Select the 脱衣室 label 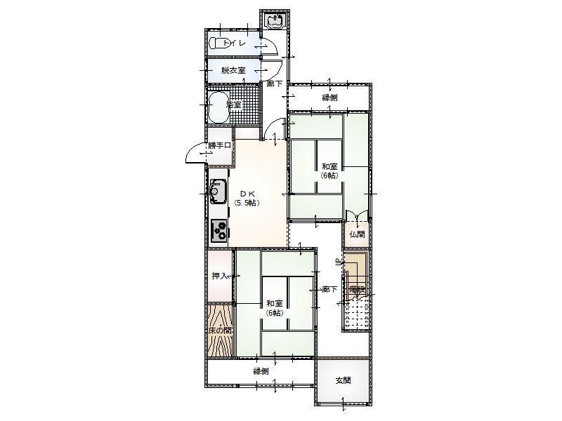233,70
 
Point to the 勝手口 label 218,146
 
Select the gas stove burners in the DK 218,231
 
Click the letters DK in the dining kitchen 247,193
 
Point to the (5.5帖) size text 247,202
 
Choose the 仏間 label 357,234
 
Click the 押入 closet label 220,276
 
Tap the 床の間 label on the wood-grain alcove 220,330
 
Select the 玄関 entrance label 343,380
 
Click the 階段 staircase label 356,289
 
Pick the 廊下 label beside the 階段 329,289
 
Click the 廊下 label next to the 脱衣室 275,84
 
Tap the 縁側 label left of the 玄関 261,370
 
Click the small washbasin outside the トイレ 275,20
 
